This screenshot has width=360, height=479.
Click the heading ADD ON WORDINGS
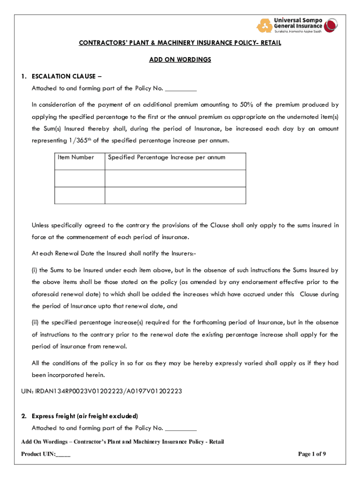pyautogui.click(x=180, y=59)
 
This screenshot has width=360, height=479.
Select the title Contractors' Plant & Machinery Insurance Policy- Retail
pyautogui.click(x=180, y=44)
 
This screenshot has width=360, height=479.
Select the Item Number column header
pyautogui.click(x=76, y=157)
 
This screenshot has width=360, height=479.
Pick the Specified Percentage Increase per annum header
pyautogui.click(x=166, y=157)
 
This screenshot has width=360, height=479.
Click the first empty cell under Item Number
pyautogui.click(x=79, y=178)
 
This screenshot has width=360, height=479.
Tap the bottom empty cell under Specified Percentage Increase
pyautogui.click(x=175, y=195)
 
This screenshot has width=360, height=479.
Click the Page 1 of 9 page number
pyautogui.click(x=312, y=454)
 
